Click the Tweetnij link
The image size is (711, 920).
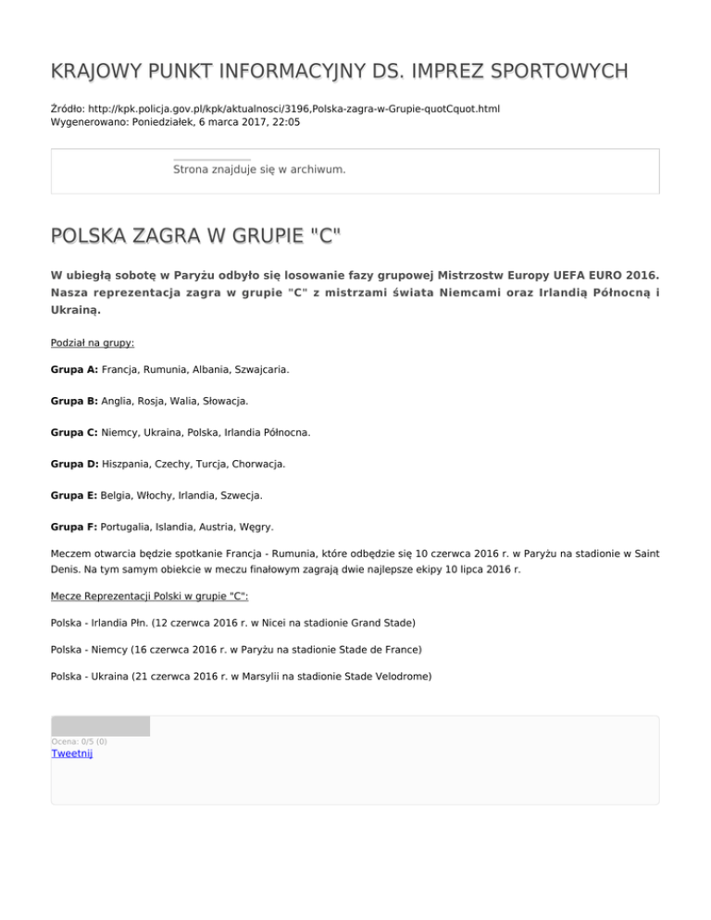72,753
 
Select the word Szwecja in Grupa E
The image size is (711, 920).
239,495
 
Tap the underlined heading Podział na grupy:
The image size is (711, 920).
93,342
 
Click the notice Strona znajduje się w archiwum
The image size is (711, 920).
259,170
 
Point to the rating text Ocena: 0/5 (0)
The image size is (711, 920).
79,741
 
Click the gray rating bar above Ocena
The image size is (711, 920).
100,726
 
